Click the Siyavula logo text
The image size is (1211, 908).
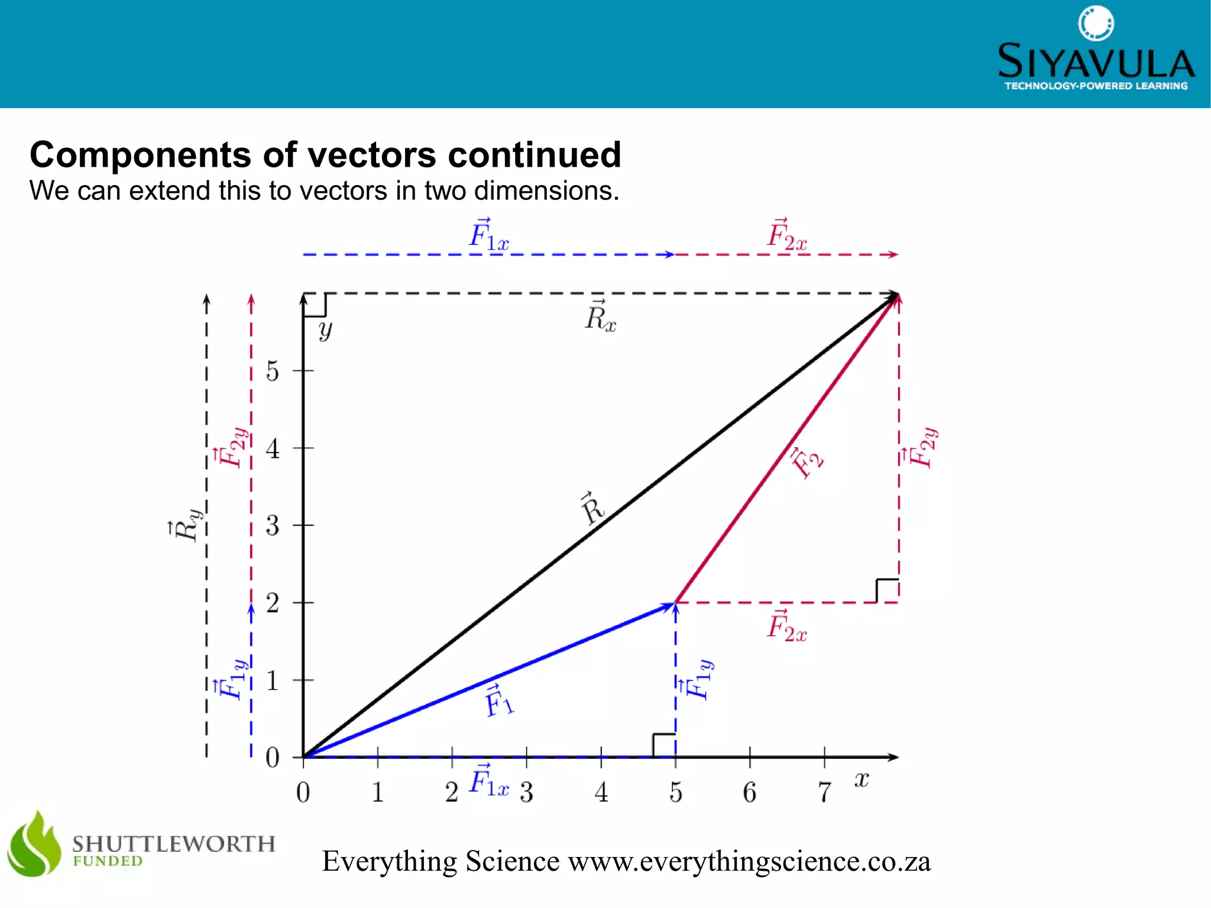(x=1096, y=62)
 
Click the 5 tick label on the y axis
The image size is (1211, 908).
(x=272, y=371)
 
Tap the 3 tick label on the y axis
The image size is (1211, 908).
(x=272, y=526)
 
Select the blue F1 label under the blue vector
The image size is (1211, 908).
(x=498, y=702)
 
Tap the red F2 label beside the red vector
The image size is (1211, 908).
(x=807, y=462)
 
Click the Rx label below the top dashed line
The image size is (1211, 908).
(x=600, y=317)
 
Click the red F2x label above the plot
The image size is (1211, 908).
(x=786, y=235)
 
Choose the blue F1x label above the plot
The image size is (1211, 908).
(x=488, y=235)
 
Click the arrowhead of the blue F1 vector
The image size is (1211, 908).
(x=671, y=605)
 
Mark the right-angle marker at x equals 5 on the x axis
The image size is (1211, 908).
(x=664, y=745)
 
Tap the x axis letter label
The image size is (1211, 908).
(x=862, y=780)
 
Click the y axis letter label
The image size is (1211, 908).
(x=325, y=330)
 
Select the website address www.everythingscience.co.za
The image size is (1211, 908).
(x=749, y=861)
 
